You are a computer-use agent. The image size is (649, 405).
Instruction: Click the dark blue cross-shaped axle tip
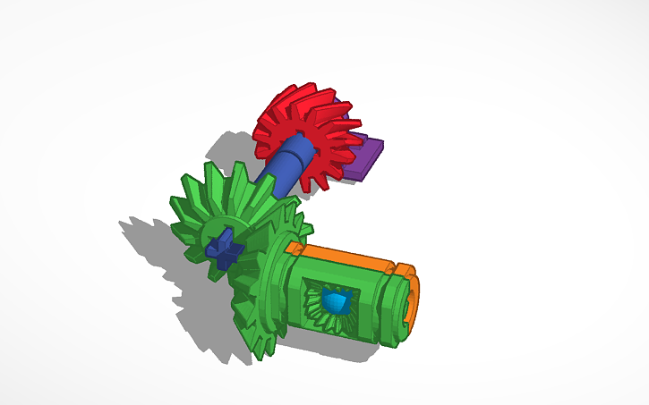[x=225, y=247]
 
